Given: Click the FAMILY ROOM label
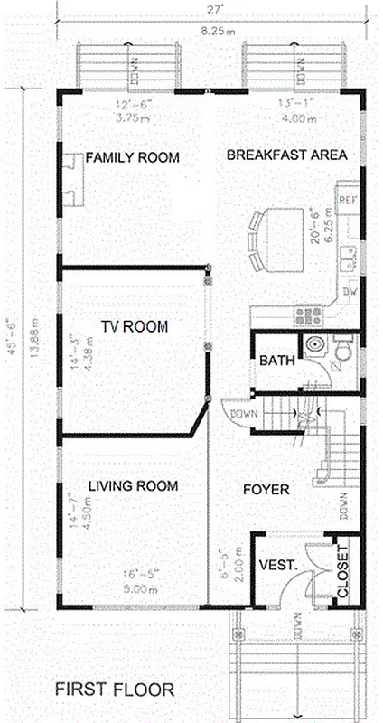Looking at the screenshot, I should (132, 158).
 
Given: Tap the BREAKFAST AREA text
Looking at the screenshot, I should (286, 155).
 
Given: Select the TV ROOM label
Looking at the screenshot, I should (134, 327).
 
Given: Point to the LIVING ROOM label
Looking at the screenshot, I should (133, 486).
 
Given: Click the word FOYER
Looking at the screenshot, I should (266, 490).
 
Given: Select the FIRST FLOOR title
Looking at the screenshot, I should (113, 690).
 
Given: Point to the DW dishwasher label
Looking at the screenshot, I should (350, 293).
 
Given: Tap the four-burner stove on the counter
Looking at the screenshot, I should (308, 315).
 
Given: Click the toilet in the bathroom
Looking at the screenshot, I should (343, 350).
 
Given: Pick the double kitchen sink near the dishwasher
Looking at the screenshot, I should (349, 262).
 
